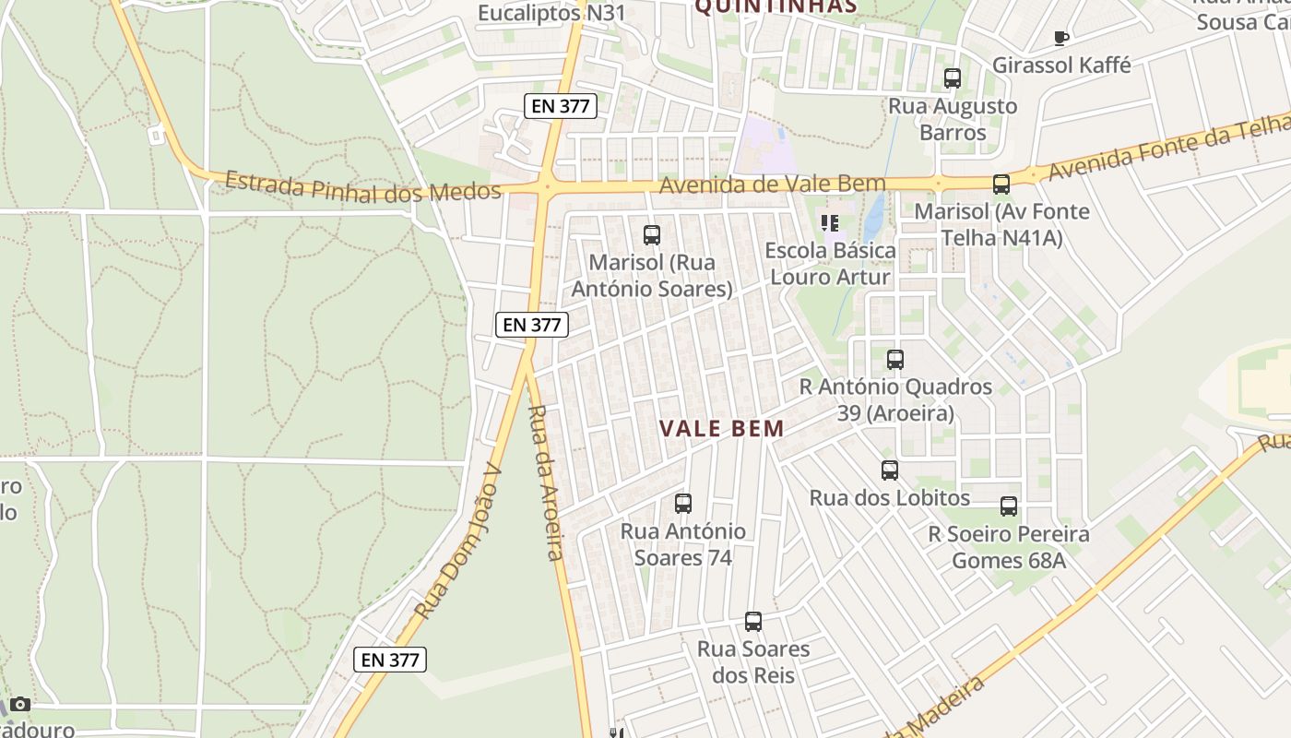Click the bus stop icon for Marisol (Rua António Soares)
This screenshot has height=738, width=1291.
tap(652, 235)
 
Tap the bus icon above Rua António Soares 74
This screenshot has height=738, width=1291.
tap(682, 504)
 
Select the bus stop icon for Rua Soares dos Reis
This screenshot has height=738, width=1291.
tap(753, 622)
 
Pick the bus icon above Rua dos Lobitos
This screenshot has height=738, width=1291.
tap(890, 470)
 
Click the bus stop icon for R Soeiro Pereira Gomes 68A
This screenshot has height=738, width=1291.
tap(1009, 506)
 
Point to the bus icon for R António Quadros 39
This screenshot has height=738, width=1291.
tap(895, 360)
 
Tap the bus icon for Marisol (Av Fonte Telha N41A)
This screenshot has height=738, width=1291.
tap(1001, 184)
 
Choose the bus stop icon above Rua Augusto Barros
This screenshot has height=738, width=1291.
tap(953, 78)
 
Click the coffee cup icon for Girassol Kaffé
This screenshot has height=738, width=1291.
tap(1061, 38)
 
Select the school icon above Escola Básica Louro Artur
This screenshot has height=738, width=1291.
tap(829, 222)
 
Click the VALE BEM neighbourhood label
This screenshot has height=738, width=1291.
tap(722, 428)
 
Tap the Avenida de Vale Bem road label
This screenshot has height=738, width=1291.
tap(773, 184)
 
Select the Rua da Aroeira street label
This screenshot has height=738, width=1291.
tap(544, 482)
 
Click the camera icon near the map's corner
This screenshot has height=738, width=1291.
tap(20, 705)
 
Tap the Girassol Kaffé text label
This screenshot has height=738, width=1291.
tap(1061, 65)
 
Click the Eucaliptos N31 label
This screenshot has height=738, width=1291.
tap(539, 14)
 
